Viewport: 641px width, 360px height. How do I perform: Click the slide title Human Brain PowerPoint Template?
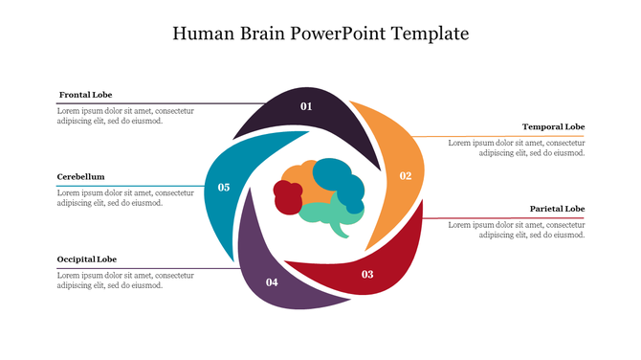pos(320,34)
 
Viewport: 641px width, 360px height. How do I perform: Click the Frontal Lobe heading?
pos(85,95)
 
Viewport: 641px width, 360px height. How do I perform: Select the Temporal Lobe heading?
pos(553,126)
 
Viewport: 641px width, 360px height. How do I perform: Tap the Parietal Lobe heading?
pos(557,209)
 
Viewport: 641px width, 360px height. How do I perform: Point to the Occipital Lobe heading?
pos(87,259)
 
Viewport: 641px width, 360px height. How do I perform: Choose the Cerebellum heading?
pos(80,176)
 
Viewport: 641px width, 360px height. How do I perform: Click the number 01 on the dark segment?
pos(306,106)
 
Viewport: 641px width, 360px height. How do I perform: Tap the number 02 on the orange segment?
pos(406,175)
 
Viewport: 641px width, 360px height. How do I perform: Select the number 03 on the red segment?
pos(367,275)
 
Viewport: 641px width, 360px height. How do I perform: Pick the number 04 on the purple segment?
pos(272,281)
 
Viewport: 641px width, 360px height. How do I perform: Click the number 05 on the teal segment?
pos(224,188)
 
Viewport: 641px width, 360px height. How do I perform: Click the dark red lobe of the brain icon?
pos(288,195)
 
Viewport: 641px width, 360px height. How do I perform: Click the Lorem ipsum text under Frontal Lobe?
pos(125,116)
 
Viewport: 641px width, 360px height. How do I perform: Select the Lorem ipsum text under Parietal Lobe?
pos(516,230)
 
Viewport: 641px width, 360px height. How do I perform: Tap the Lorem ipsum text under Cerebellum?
pos(125,198)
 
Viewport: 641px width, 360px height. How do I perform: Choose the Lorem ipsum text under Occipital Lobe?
pos(125,281)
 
